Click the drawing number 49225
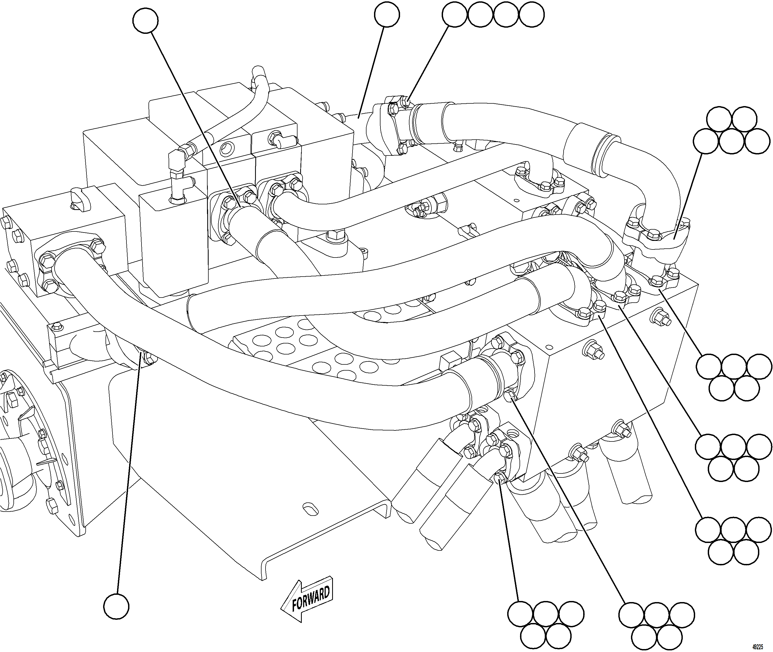[762, 646]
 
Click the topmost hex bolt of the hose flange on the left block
[97, 245]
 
